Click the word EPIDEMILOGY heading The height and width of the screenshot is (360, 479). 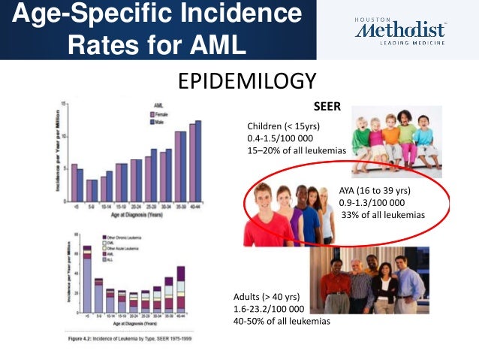coord(247,80)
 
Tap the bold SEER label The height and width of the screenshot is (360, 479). coord(327,107)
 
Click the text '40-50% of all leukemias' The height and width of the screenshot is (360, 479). coord(282,321)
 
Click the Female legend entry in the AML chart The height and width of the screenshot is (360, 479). coord(160,113)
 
